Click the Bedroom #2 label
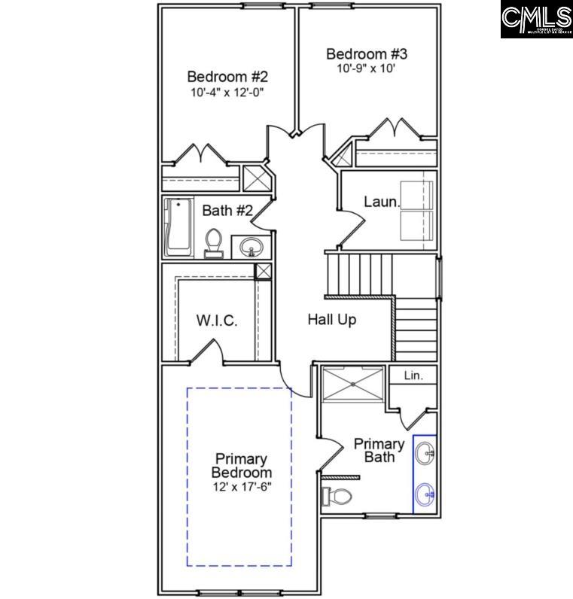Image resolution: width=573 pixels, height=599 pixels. [x=227, y=77]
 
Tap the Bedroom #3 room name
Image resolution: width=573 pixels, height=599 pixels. [x=367, y=54]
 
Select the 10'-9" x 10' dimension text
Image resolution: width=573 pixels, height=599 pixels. [x=367, y=68]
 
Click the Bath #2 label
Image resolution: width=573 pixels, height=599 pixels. [x=227, y=210]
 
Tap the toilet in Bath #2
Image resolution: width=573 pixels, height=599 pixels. [x=214, y=242]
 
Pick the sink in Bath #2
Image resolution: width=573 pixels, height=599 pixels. [x=251, y=245]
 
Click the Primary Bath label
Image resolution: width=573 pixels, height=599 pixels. [x=379, y=450]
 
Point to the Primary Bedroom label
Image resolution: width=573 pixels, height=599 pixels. [x=241, y=465]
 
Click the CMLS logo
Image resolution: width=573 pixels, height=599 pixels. [x=536, y=19]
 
